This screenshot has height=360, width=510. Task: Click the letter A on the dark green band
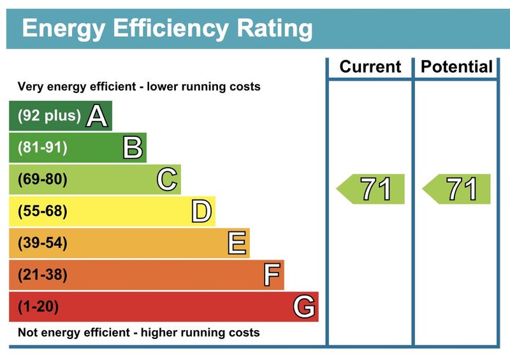[97, 116]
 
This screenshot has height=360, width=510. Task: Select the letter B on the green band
[132, 148]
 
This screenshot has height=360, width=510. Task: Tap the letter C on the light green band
[166, 180]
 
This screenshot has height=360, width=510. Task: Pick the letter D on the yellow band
[201, 212]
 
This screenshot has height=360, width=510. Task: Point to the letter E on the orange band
[237, 243]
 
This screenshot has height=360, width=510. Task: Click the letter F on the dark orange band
[272, 275]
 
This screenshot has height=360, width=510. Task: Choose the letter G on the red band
[304, 307]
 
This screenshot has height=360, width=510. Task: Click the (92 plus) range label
[49, 116]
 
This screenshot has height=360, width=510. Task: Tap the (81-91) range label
[42, 148]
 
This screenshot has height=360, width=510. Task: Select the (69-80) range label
[42, 180]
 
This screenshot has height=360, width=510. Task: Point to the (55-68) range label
[42, 212]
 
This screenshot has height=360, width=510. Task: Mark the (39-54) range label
[42, 243]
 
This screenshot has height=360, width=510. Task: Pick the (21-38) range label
[42, 275]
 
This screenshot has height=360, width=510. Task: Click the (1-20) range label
[38, 307]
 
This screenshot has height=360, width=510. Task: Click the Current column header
[370, 67]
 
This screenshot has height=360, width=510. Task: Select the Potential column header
[457, 67]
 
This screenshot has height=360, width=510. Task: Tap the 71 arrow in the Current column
[372, 189]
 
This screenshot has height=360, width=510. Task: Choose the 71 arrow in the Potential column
[458, 189]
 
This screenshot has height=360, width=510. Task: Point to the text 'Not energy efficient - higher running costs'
[138, 333]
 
